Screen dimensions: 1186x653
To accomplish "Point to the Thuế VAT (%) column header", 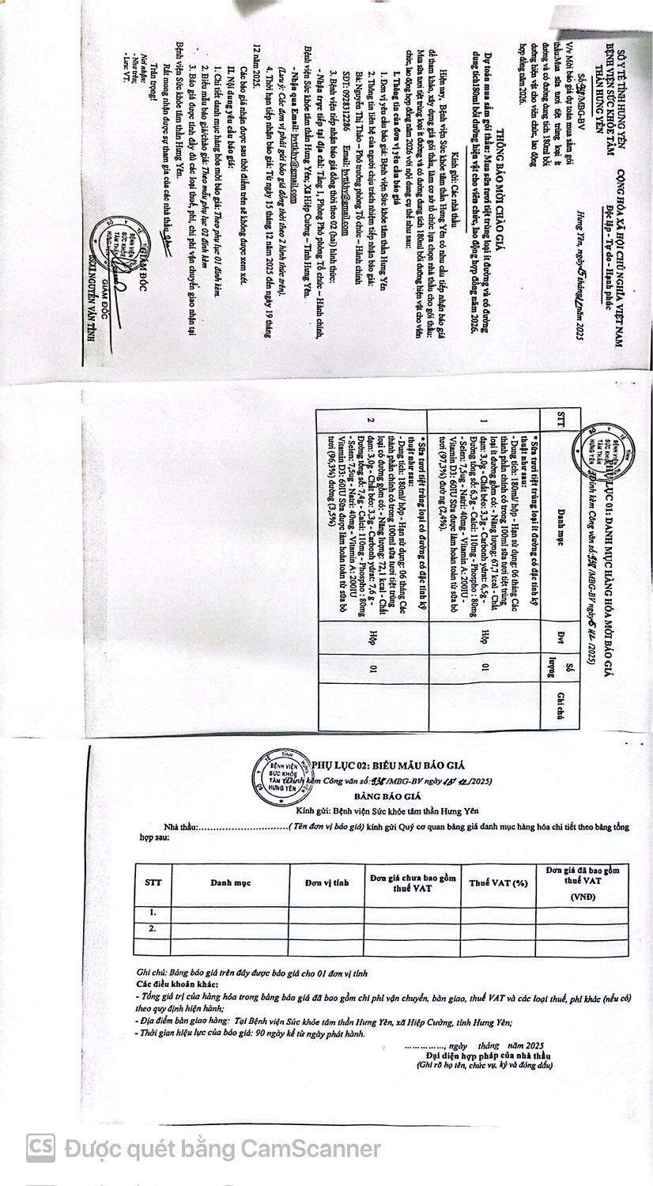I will [498, 882].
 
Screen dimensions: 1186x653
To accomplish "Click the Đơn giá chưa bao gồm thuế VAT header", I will [412, 882].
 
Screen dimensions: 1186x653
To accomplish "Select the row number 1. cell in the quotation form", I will [153, 912].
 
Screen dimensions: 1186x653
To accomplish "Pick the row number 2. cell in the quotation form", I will [153, 929].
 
